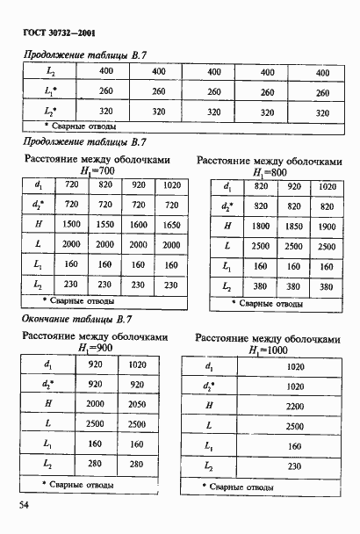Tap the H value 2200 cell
(x=295, y=405)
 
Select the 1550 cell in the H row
(x=105, y=224)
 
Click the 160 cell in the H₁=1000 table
(x=295, y=445)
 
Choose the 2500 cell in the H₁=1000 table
(x=295, y=425)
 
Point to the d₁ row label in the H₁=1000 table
(x=208, y=365)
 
